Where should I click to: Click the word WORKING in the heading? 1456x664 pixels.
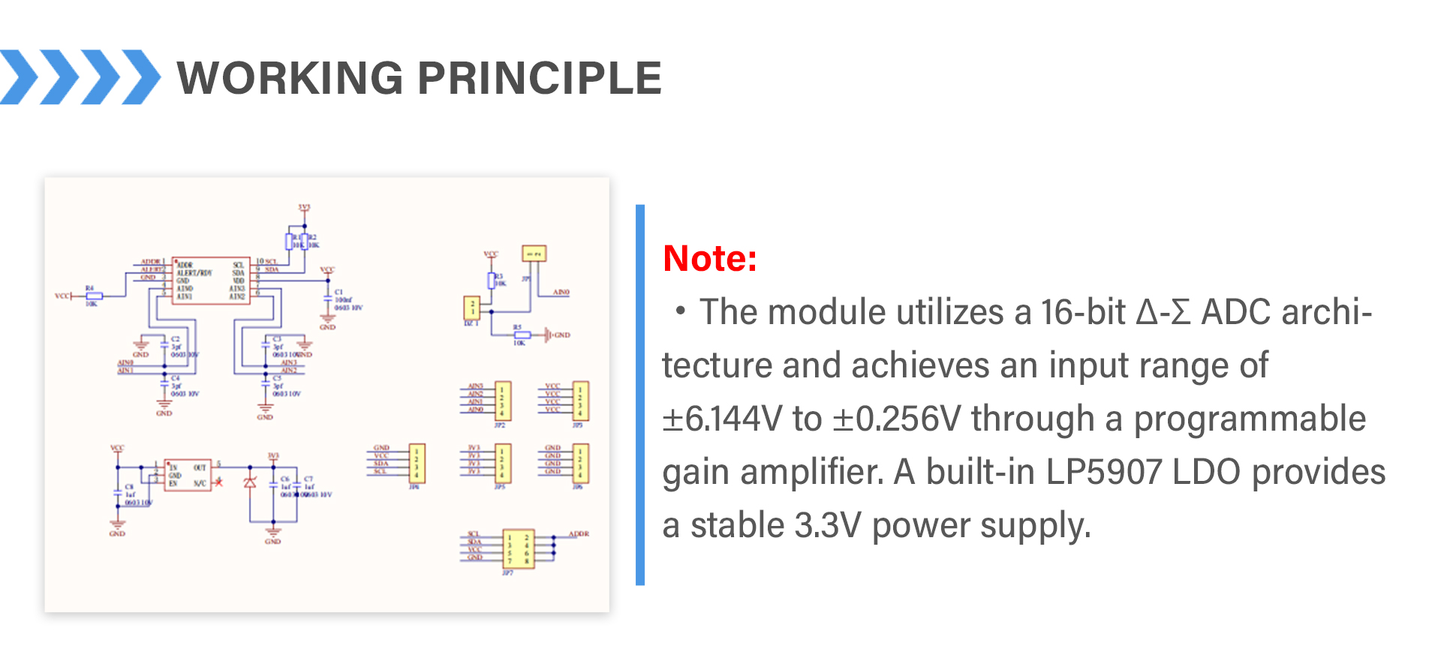pyautogui.click(x=290, y=78)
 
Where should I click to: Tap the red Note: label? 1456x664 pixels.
pyautogui.click(x=709, y=259)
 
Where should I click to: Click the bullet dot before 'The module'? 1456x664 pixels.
pyautogui.click(x=680, y=311)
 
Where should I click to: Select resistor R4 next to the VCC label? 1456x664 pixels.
pyautogui.click(x=94, y=296)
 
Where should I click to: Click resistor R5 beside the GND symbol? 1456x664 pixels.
pyautogui.click(x=522, y=335)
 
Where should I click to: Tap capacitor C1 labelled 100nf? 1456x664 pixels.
pyautogui.click(x=328, y=298)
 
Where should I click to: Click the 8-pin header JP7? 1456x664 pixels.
pyautogui.click(x=518, y=548)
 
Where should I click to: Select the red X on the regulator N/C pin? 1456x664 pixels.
pyautogui.click(x=218, y=482)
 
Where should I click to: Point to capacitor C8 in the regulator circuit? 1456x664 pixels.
pyautogui.click(x=118, y=492)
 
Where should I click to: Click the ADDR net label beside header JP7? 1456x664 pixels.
pyautogui.click(x=579, y=534)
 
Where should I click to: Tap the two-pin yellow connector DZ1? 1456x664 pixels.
pyautogui.click(x=472, y=308)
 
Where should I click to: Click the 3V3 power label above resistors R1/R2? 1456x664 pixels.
pyautogui.click(x=304, y=208)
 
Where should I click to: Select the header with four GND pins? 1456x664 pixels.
pyautogui.click(x=580, y=463)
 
